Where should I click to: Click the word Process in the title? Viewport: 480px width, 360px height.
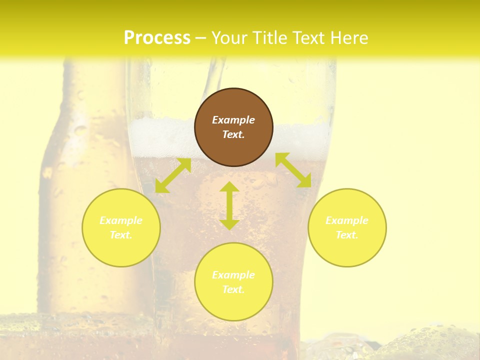tap(157, 38)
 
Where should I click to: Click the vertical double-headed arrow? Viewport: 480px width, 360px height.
tap(229, 205)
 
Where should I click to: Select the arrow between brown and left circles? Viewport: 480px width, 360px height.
tap(173, 175)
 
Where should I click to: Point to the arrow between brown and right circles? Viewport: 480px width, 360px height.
tap(293, 170)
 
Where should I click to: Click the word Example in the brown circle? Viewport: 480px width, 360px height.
tap(233, 120)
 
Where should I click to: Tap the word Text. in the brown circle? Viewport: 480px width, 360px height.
tap(233, 134)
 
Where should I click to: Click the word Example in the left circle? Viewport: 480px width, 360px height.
tap(121, 220)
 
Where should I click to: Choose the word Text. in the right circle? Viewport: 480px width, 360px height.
tap(347, 235)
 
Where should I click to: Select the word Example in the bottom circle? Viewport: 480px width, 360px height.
tap(233, 275)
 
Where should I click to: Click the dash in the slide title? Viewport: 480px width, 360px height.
tap(201, 38)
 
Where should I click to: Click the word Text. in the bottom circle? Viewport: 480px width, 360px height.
tap(233, 289)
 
